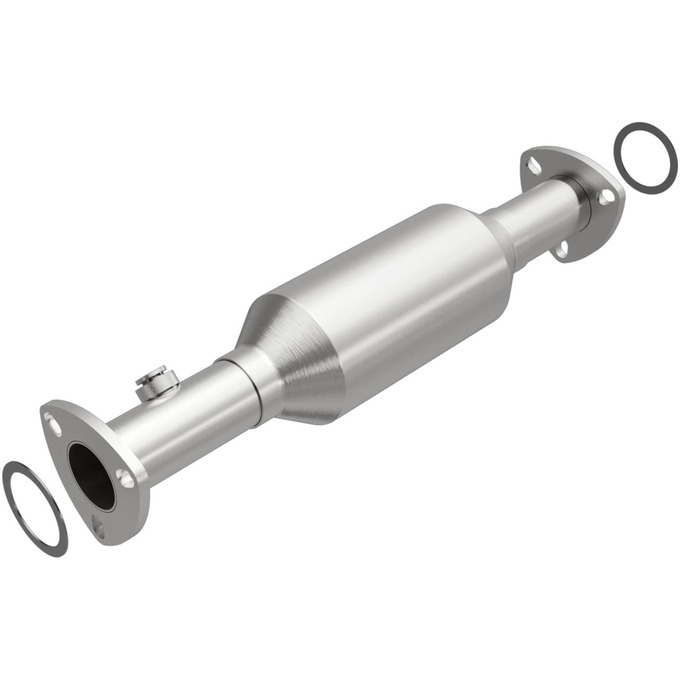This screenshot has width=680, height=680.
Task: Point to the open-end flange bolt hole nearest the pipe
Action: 125,476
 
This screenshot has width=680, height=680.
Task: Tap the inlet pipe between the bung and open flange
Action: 136,435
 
